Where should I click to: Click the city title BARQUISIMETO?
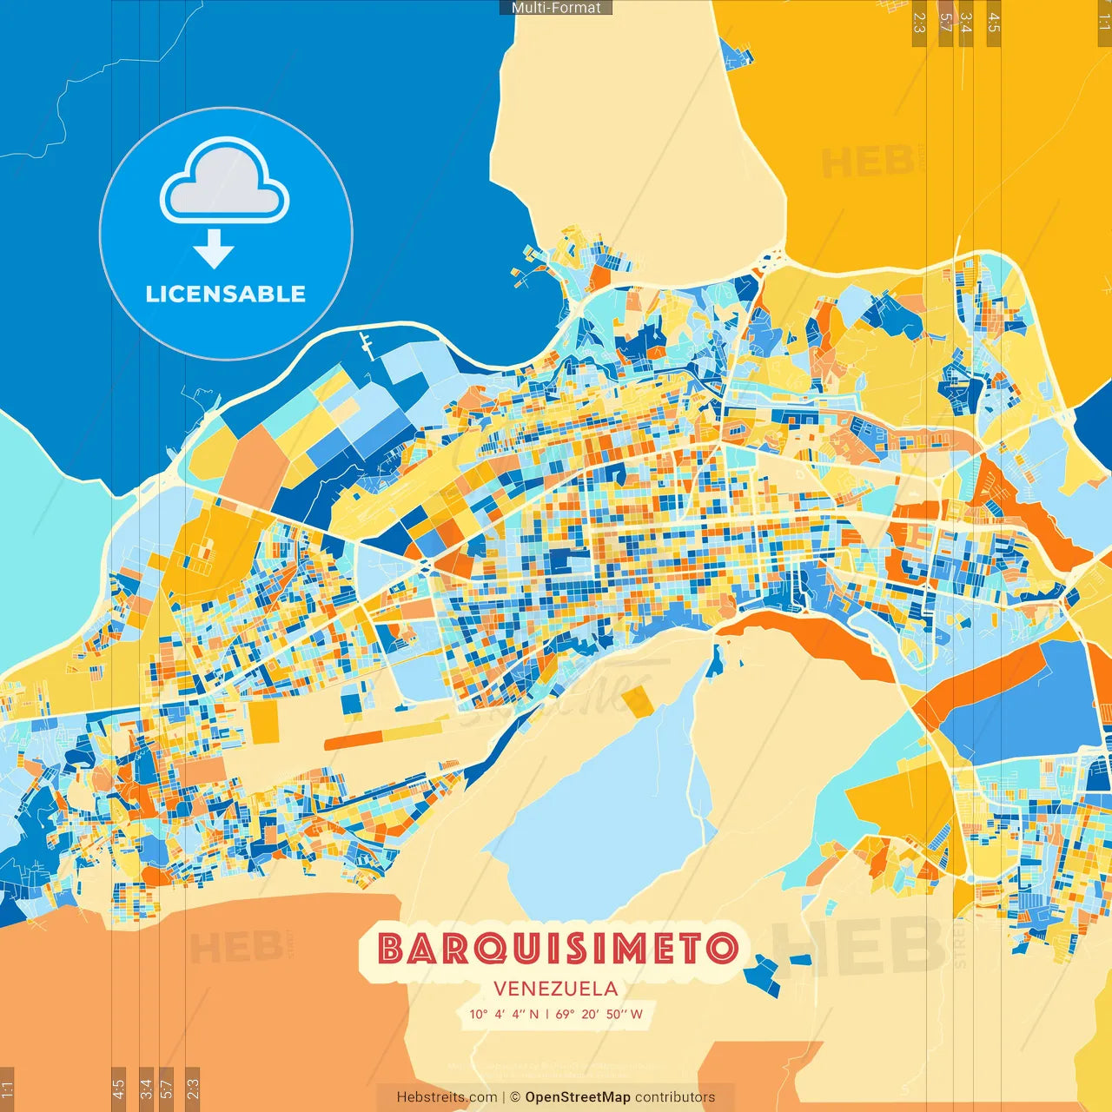click(x=557, y=949)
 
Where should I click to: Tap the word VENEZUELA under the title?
click(x=556, y=989)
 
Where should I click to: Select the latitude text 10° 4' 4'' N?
click(x=504, y=1014)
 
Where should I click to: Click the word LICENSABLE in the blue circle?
click(x=226, y=294)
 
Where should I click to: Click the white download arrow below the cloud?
click(x=214, y=249)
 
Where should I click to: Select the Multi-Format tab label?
click(x=556, y=7)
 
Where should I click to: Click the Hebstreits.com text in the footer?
click(x=447, y=1097)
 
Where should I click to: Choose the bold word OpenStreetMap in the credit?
click(x=578, y=1097)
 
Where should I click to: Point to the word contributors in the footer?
click(x=675, y=1097)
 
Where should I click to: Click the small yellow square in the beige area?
click(x=637, y=701)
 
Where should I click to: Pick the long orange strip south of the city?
click(x=353, y=741)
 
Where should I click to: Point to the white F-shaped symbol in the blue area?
click(x=368, y=346)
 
